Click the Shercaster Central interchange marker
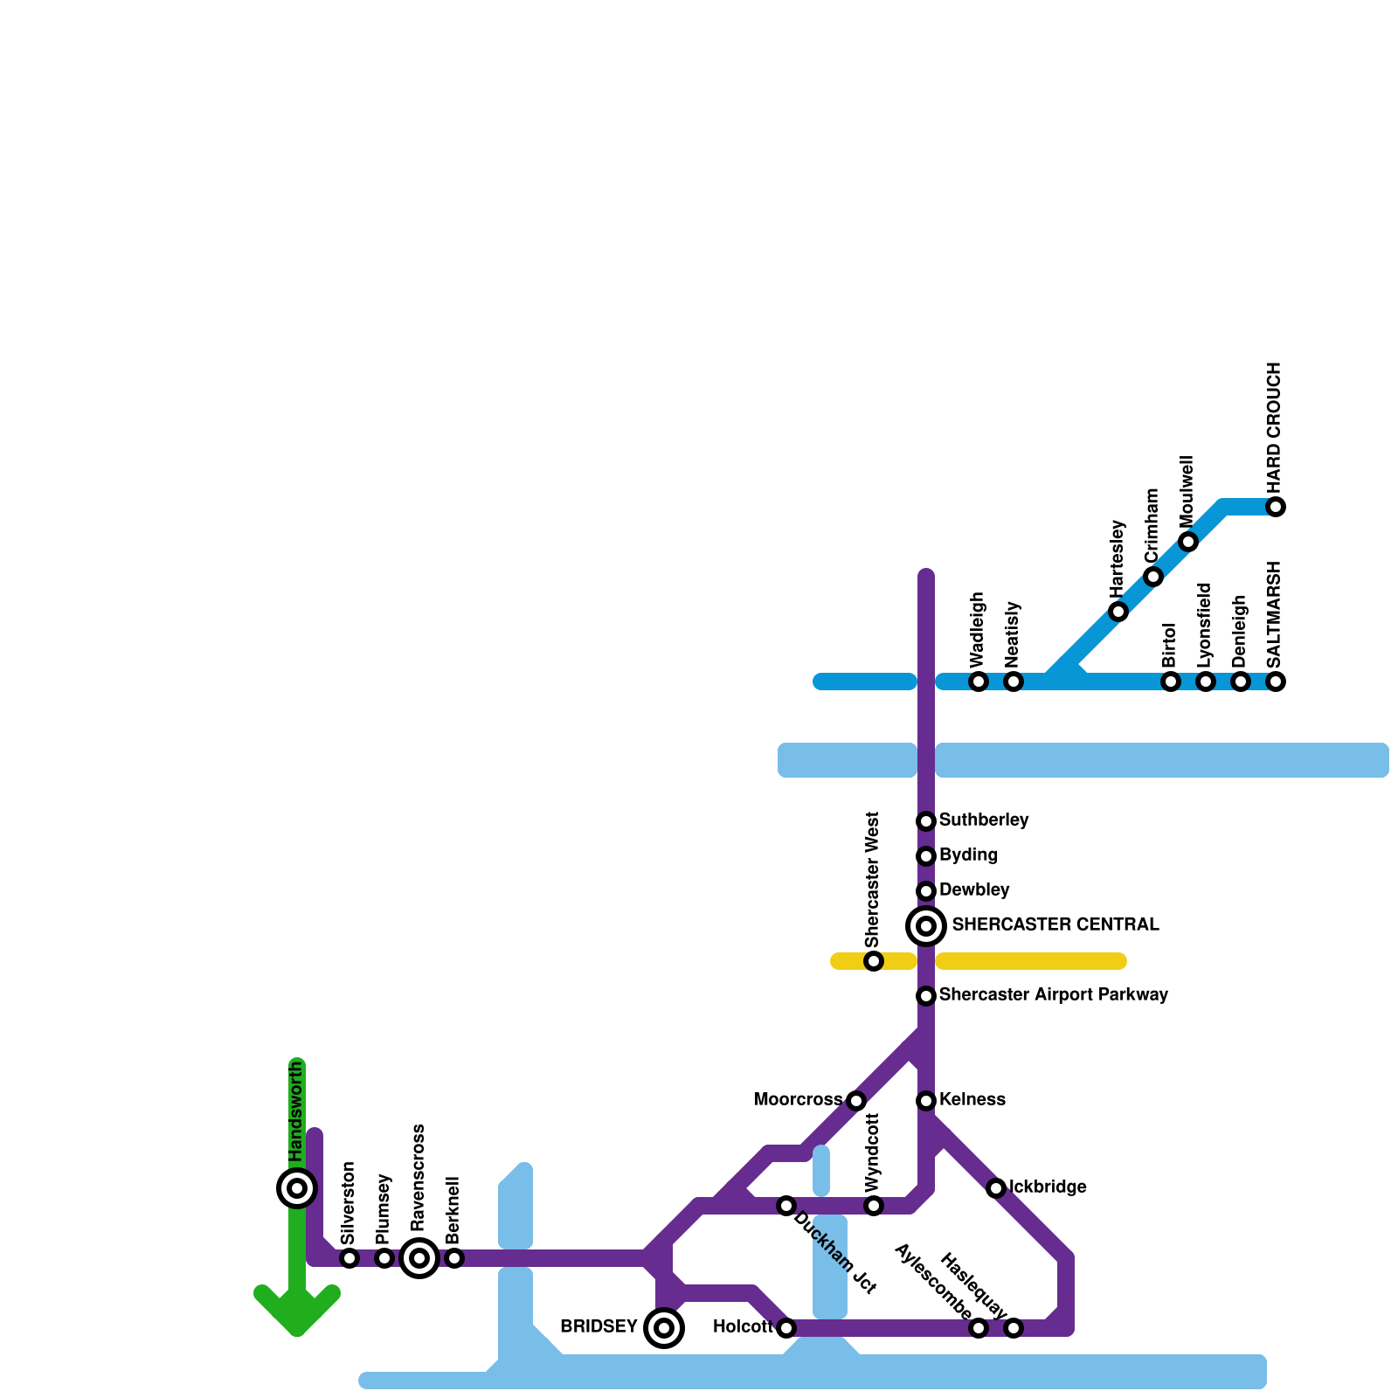(926, 925)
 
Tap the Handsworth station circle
(297, 1187)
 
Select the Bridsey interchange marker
(664, 1328)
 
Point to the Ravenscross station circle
(419, 1258)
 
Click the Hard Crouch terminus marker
(1276, 507)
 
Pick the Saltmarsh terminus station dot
(1276, 682)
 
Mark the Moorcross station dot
(856, 1101)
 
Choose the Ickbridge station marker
(996, 1188)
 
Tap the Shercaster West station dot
(874, 961)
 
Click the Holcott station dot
(786, 1328)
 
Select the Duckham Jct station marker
(786, 1206)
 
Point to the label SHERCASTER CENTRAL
(1055, 924)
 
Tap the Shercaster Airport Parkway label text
(1053, 994)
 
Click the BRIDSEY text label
(599, 1327)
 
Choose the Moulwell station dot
(1188, 542)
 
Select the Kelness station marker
(926, 1101)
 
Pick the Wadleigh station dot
(979, 682)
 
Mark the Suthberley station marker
(926, 821)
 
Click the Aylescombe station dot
(979, 1328)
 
